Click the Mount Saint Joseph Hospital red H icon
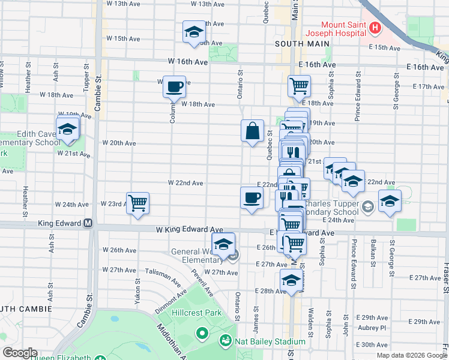[x=375, y=28]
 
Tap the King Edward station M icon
[x=88, y=223]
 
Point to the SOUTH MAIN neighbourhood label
[x=302, y=44]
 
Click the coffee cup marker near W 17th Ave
[x=175, y=86]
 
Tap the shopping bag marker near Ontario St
[x=253, y=130]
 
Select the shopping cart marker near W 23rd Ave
[x=137, y=203]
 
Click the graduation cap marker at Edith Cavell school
[x=68, y=128]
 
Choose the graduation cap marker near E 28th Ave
[x=292, y=280]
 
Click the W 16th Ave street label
[x=188, y=62]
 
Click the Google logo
[x=20, y=353]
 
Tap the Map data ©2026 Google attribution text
[x=412, y=355]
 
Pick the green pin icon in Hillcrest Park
[x=202, y=332]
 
